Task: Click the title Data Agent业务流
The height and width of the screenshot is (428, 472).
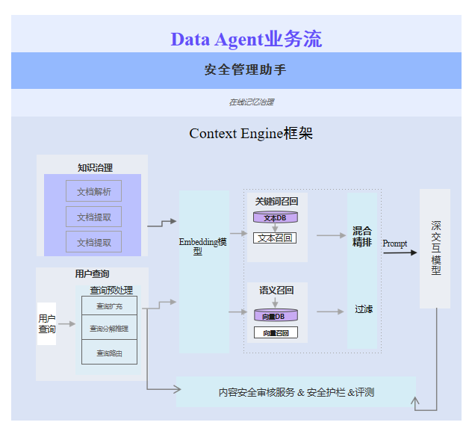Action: point(246,39)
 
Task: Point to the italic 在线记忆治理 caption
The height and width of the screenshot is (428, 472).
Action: point(246,102)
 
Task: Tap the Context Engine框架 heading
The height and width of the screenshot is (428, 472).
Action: point(250,134)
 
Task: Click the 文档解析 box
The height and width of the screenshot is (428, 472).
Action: point(93,191)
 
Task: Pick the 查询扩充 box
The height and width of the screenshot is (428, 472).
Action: point(109,306)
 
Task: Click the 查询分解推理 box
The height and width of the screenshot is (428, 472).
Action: point(109,329)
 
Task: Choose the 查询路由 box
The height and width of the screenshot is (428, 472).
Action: point(109,353)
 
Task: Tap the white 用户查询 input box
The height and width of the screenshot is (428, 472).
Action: point(47,324)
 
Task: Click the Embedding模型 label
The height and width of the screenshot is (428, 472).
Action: point(202,246)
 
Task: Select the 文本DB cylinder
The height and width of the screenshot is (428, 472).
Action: point(276,217)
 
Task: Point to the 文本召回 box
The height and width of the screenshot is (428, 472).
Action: point(275,238)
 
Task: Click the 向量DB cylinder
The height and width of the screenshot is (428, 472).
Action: point(276,316)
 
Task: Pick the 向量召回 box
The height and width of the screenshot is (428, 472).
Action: point(276,333)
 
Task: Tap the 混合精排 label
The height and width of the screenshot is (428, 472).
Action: point(362,236)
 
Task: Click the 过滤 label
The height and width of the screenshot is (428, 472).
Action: point(364,309)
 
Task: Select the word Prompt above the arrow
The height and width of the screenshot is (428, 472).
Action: point(395,244)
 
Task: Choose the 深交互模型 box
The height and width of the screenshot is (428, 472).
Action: point(435,248)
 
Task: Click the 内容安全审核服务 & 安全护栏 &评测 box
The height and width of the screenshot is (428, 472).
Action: point(296,392)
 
